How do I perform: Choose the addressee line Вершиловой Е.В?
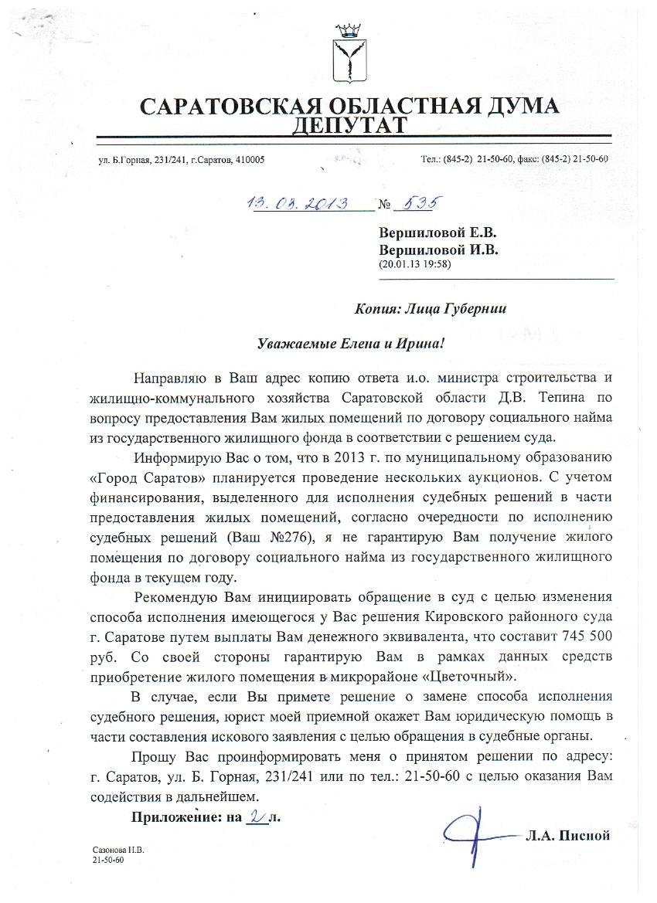tap(437, 233)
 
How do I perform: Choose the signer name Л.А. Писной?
tap(568, 835)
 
